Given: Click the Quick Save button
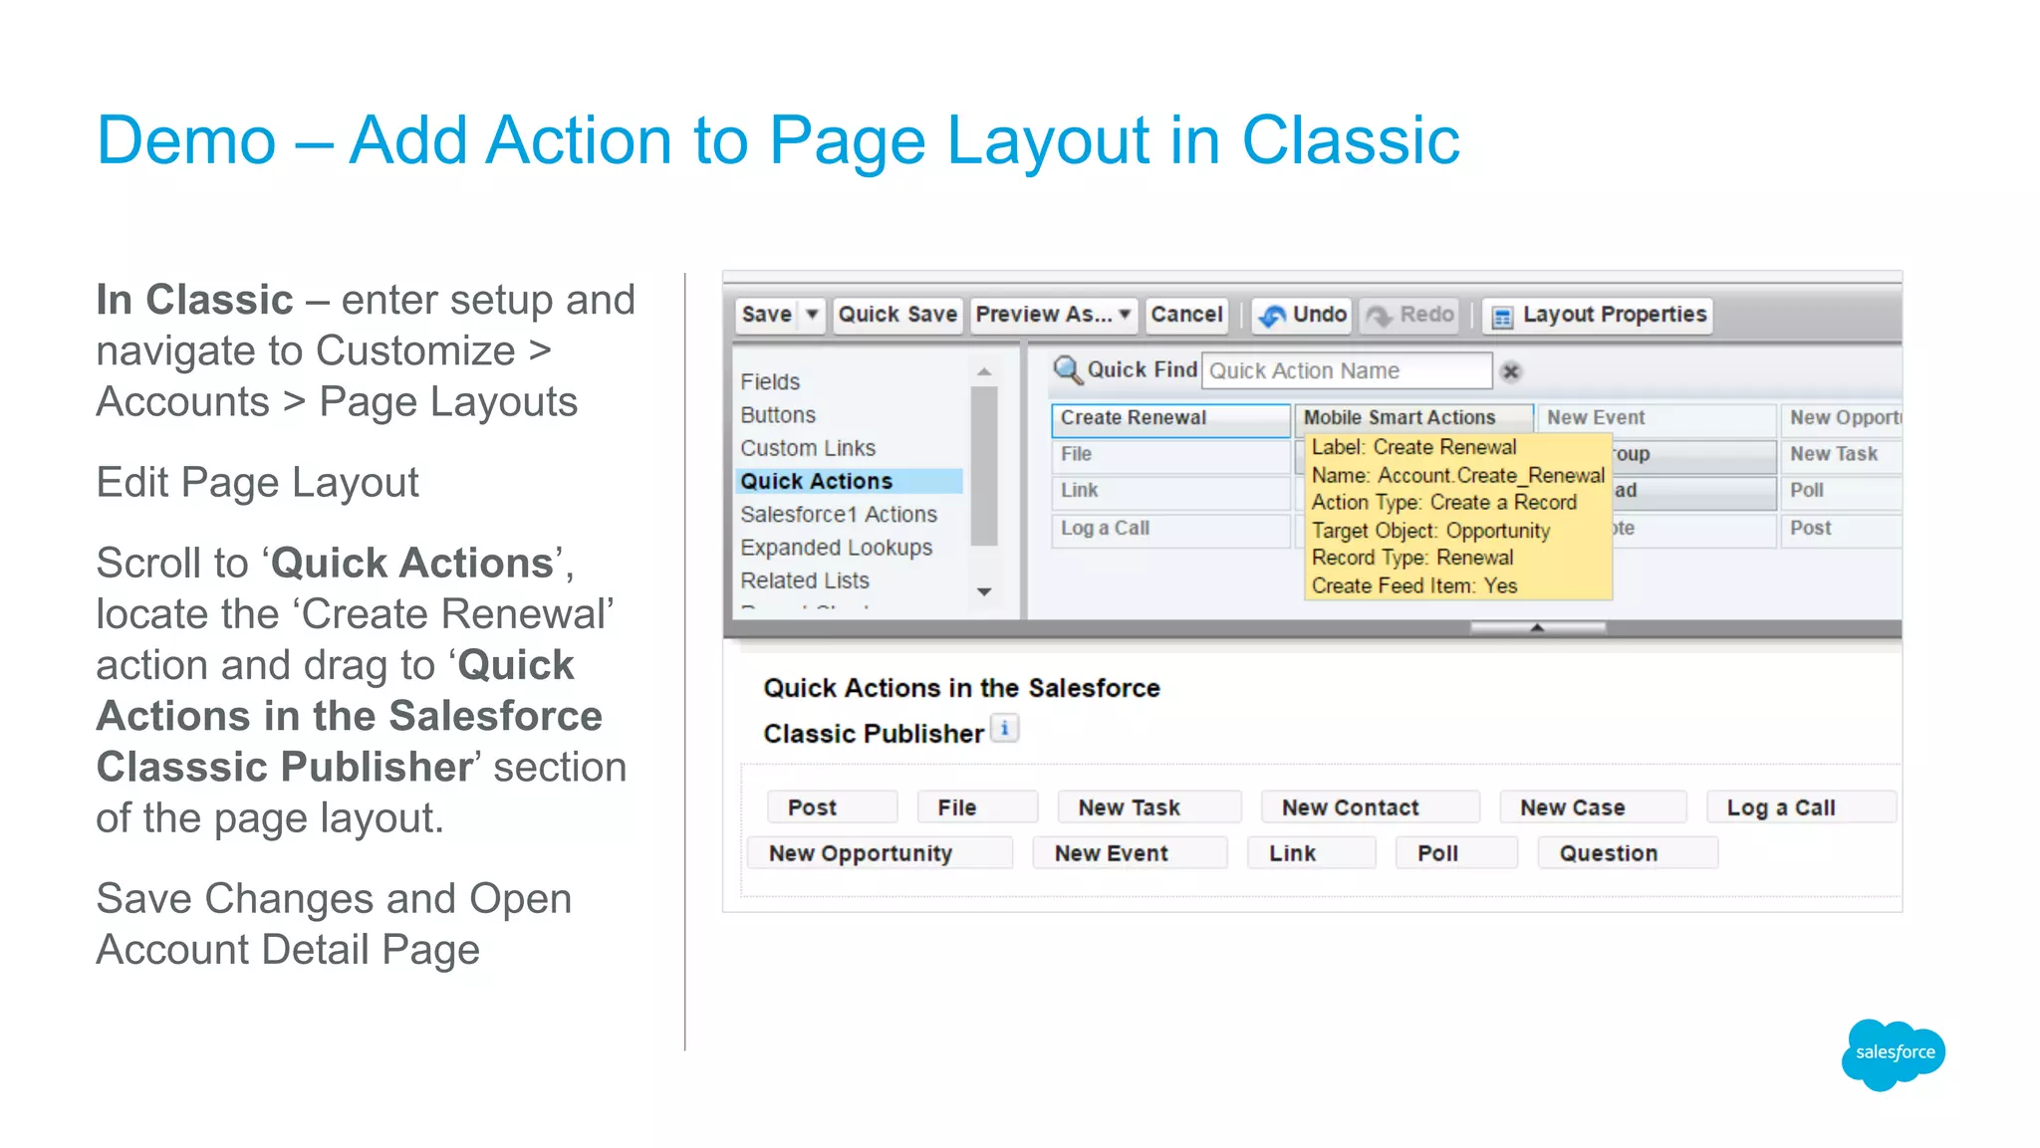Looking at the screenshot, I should (x=897, y=315).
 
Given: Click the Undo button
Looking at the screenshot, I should (x=1303, y=315).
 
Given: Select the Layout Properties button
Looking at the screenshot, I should (x=1599, y=315).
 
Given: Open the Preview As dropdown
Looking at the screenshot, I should (x=1054, y=315).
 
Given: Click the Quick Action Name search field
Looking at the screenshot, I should (x=1346, y=371).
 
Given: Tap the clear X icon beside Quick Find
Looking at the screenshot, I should (x=1511, y=371).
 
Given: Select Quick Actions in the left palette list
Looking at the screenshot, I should (x=817, y=481).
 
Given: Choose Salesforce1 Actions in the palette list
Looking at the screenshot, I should (x=839, y=514).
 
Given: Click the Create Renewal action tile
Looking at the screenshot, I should (x=1169, y=418).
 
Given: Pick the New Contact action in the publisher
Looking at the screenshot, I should (x=1350, y=807).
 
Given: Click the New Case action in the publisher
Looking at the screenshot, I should (x=1572, y=807).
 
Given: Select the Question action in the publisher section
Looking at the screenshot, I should (x=1608, y=853).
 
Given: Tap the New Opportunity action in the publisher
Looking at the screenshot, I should (x=861, y=853).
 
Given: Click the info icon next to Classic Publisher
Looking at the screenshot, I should (x=1005, y=729).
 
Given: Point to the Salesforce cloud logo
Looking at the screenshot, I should (x=1894, y=1052).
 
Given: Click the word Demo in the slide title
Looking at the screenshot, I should (x=186, y=140).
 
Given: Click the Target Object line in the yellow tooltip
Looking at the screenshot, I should (x=1430, y=531).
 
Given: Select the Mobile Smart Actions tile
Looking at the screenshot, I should (x=1400, y=418).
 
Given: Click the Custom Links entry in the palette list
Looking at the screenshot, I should (x=808, y=448).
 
